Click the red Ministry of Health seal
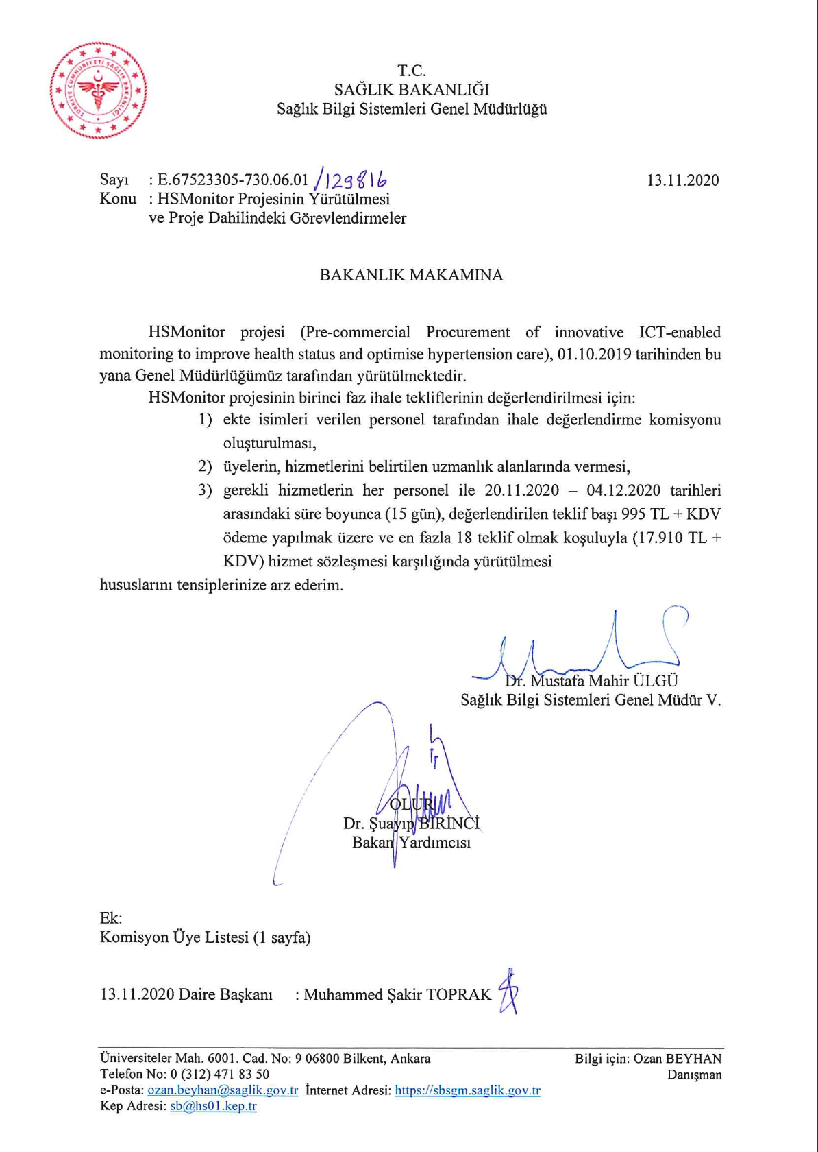[x=98, y=90]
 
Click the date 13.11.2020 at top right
[x=682, y=180]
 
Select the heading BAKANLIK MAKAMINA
[x=411, y=275]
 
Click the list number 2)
[x=205, y=467]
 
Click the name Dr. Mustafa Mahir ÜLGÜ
[x=591, y=681]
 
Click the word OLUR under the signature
[x=411, y=804]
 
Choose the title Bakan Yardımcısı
[x=411, y=843]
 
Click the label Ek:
[x=111, y=918]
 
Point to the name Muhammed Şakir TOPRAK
[x=397, y=994]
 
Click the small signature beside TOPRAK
[x=508, y=992]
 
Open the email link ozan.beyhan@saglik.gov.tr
[x=223, y=1090]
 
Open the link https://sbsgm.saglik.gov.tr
[x=467, y=1090]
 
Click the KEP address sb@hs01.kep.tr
[x=213, y=1106]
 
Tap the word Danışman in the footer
[x=694, y=1075]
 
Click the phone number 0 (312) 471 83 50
[x=220, y=1075]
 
